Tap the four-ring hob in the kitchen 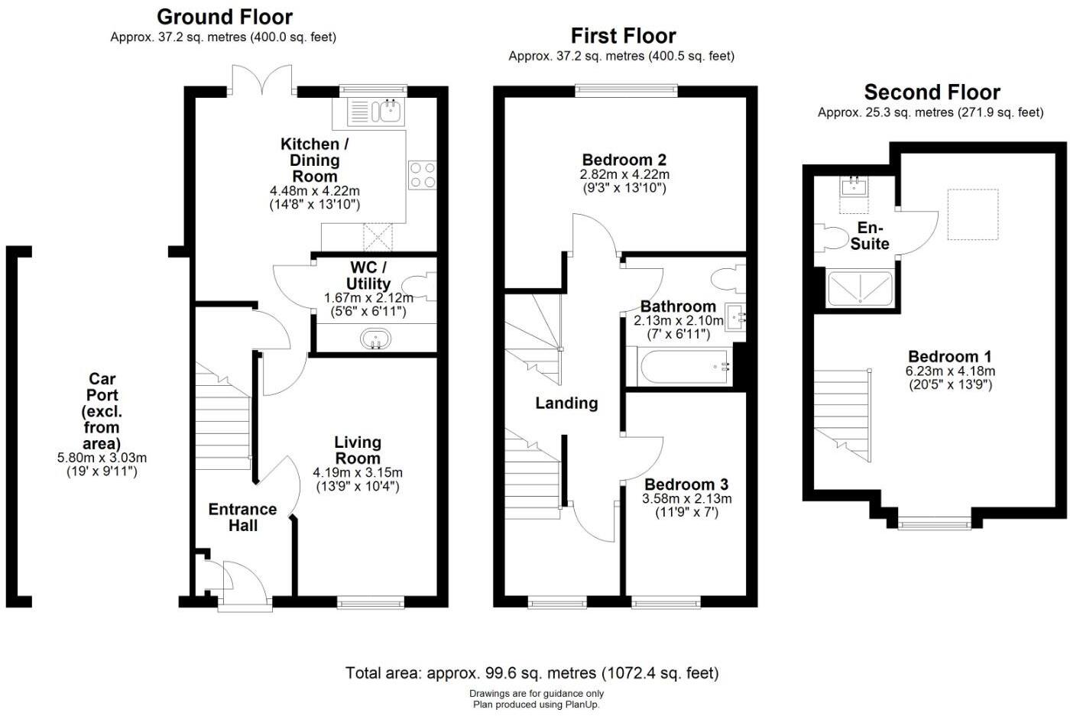point(422,175)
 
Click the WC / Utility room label point(368,275)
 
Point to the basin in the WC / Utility point(375,339)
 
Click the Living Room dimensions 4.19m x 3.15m point(357,472)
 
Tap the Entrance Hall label point(242,517)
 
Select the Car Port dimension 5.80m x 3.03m point(102,458)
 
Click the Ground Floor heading point(224,17)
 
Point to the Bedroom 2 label point(624,160)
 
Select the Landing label point(566,403)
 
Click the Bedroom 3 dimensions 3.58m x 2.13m point(686,499)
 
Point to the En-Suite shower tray point(860,288)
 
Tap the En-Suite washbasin point(854,187)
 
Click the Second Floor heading point(932,92)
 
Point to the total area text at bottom point(532,673)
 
